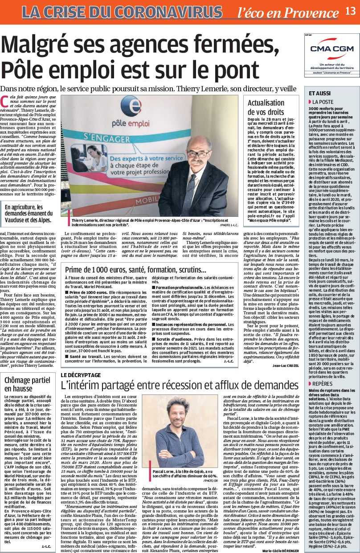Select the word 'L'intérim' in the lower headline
84,386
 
